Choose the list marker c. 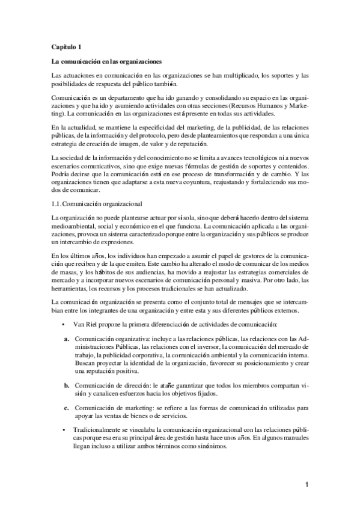coord(67,408)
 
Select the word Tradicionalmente coord(98,431)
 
